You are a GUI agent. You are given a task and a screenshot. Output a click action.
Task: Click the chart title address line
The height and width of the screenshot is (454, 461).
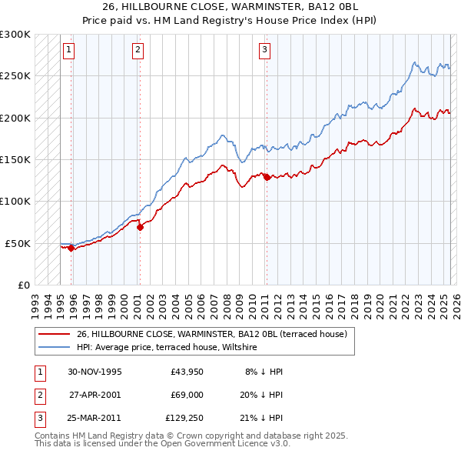[x=230, y=8]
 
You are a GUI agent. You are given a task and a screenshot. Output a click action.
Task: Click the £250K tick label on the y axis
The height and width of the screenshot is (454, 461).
[x=15, y=76]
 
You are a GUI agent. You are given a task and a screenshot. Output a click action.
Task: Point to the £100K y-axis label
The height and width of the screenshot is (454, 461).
[x=15, y=201]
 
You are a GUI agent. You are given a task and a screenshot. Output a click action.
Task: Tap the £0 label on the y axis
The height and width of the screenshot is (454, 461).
[x=24, y=285]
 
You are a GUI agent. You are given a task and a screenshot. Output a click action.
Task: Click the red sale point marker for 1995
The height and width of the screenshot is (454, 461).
[x=71, y=248]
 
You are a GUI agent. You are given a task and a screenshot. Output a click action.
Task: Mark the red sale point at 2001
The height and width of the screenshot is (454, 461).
[x=141, y=227]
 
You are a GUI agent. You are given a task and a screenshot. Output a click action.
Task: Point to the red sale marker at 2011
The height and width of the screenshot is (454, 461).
[x=267, y=177]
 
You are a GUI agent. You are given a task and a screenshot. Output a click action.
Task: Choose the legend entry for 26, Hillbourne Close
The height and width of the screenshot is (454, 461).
[x=211, y=334]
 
